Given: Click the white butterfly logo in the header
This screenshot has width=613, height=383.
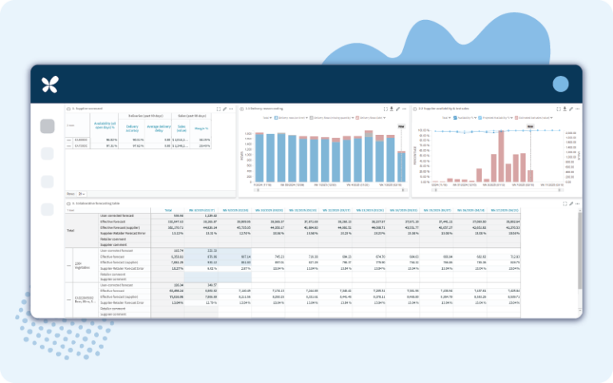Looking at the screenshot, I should click(50, 84).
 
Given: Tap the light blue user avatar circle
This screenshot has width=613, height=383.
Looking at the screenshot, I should click(560, 84).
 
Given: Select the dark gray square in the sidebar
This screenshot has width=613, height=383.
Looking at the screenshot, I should click(47, 126).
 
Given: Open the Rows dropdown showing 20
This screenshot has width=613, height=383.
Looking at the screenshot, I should click(81, 194).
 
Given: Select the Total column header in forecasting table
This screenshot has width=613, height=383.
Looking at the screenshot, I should click(168, 211).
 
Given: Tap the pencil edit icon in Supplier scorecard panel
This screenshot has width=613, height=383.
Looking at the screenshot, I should click(224, 108).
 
